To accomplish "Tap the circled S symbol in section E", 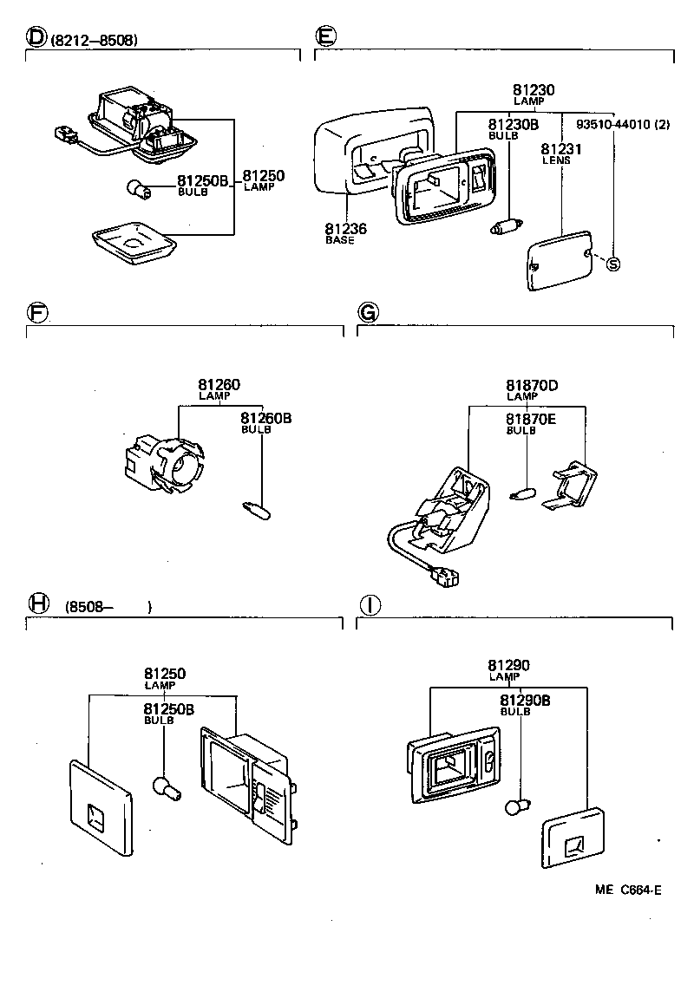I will [613, 264].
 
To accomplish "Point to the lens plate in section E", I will [560, 260].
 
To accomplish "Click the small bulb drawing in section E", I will [503, 229].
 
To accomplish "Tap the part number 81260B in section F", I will [265, 418].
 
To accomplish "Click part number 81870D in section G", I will [532, 385].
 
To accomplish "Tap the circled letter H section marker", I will [36, 603].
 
